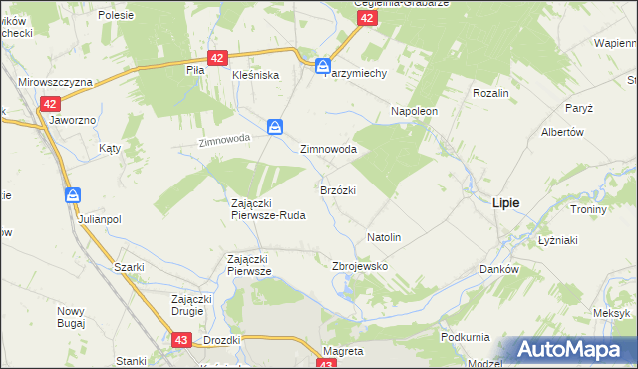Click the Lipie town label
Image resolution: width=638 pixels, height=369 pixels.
(x=505, y=201)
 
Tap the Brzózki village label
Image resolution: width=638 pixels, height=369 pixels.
(x=338, y=189)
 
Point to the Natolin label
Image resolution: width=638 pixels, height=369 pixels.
(x=384, y=238)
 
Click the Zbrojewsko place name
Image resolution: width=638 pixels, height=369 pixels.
(x=359, y=267)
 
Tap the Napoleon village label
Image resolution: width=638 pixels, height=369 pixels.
(x=415, y=111)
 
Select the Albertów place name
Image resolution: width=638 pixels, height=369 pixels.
(x=561, y=133)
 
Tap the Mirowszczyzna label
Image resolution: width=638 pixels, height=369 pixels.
(x=56, y=81)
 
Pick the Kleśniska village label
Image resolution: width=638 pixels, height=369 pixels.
(x=255, y=75)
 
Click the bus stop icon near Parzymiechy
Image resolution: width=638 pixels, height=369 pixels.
(x=323, y=67)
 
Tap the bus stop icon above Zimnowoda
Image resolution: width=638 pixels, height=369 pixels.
(x=276, y=127)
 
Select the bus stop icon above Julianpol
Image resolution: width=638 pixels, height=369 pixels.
(x=73, y=195)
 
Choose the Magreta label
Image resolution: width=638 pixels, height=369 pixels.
(x=343, y=351)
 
